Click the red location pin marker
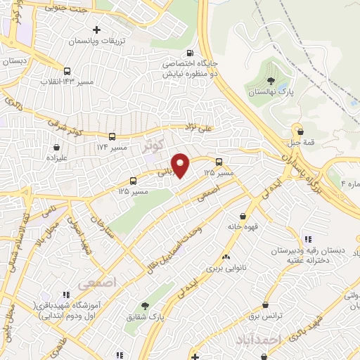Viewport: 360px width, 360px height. click(181, 165)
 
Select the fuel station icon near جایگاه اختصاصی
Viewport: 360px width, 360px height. click(190, 53)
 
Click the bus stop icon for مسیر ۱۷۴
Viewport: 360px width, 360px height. click(112, 136)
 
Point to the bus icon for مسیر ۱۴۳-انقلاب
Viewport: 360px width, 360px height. click(67, 71)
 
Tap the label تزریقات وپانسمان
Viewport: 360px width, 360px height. click(94, 41)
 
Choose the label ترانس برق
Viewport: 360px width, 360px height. click(265, 316)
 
